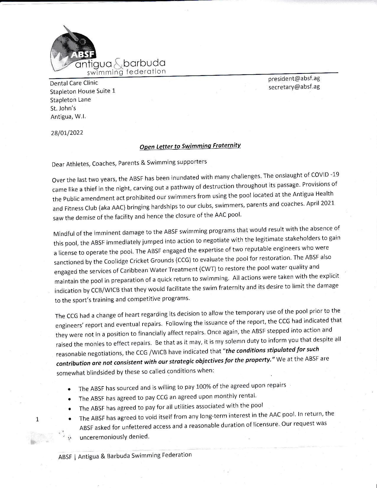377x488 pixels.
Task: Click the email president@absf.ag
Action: [x=294, y=79]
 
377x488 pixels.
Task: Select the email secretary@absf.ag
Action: [x=294, y=87]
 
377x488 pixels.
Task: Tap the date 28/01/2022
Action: [x=67, y=133]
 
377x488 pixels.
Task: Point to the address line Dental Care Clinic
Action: [x=74, y=83]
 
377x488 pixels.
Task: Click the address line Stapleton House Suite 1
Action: [x=82, y=91]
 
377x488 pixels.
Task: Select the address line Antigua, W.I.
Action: [x=68, y=117]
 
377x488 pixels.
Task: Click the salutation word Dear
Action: [x=58, y=164]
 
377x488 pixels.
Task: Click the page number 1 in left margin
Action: [x=37, y=419]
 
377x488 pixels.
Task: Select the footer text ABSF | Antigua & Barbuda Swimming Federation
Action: [x=125, y=456]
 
